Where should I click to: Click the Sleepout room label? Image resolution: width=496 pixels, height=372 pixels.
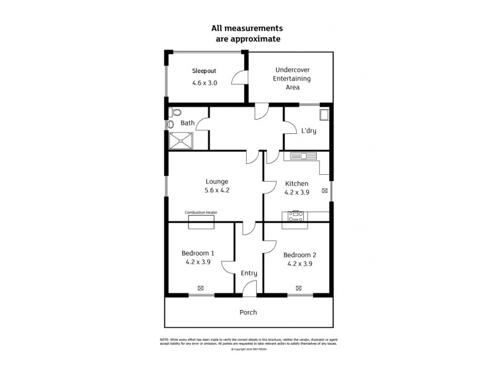click(x=204, y=71)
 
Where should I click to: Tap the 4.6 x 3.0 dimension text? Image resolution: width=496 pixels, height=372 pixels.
click(x=204, y=82)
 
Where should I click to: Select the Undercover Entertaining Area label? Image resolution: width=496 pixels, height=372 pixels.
click(x=293, y=79)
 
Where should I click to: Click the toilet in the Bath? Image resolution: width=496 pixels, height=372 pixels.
click(x=175, y=113)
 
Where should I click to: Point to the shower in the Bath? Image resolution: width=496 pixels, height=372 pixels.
click(x=180, y=141)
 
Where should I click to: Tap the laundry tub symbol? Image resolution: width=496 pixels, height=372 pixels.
click(x=324, y=115)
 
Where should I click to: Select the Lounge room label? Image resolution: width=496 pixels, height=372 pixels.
click(x=217, y=182)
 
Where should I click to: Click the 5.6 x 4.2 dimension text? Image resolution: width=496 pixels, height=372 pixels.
click(x=217, y=191)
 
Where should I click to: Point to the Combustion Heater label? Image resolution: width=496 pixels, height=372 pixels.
click(x=201, y=213)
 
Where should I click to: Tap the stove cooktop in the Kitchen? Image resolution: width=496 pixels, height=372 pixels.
click(x=295, y=216)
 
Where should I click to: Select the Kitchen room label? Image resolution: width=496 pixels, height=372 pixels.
click(x=296, y=184)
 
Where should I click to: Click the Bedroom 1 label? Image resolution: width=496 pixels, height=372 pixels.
click(x=198, y=253)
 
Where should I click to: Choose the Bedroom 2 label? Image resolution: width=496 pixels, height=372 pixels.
click(x=299, y=255)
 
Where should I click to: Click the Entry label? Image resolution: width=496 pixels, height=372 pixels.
click(x=249, y=273)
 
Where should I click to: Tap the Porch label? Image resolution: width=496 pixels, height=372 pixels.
click(x=248, y=312)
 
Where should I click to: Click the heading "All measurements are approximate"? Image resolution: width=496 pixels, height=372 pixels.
click(x=247, y=33)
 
